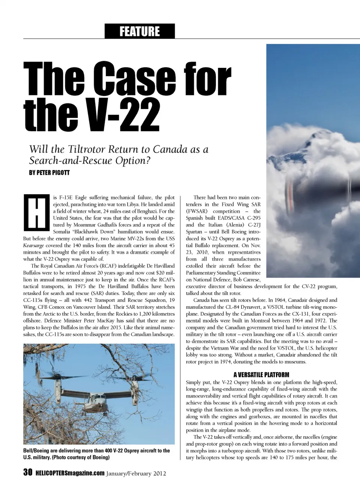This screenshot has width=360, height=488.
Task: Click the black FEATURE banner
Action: tap(139, 31)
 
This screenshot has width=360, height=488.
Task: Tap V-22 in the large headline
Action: tap(123, 115)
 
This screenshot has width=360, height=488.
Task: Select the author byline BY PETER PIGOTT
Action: tap(49, 173)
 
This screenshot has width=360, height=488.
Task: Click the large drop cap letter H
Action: tap(36, 213)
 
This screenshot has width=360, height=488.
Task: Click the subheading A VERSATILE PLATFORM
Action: tap(261, 375)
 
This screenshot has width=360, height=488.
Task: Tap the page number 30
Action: tap(28, 472)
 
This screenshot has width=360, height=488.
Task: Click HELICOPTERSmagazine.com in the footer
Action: tap(70, 473)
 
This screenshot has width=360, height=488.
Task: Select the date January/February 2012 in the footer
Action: tap(136, 473)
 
